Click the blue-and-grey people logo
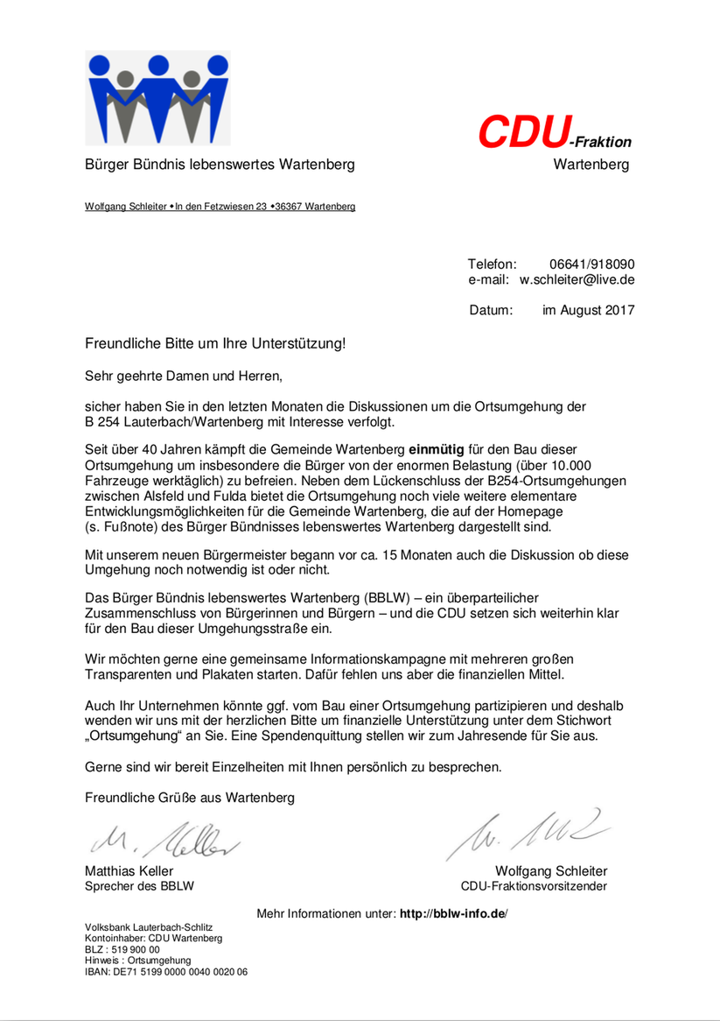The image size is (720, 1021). (x=157, y=97)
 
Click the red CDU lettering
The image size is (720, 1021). (x=522, y=131)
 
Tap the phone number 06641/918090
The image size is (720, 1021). (x=591, y=264)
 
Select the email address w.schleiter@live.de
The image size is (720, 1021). (x=577, y=280)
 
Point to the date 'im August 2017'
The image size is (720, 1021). (x=589, y=310)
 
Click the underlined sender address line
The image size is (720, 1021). (x=220, y=207)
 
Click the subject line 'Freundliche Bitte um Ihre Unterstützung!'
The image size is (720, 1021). (x=215, y=343)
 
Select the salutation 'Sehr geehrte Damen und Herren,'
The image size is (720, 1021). (x=185, y=377)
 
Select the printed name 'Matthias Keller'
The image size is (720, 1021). (x=129, y=871)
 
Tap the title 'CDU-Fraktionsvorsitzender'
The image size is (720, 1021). (x=534, y=886)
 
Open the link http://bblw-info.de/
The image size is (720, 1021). (x=453, y=914)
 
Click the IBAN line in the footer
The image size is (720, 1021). (x=165, y=971)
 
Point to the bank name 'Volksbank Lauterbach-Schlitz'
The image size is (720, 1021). (x=149, y=926)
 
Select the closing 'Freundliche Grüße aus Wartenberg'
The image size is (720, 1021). (x=190, y=798)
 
